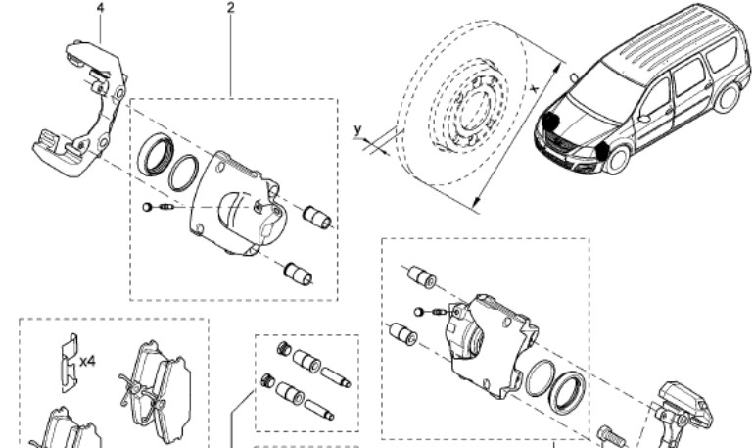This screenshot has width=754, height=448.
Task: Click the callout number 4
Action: point(101,8)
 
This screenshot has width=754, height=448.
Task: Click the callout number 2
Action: point(231,8)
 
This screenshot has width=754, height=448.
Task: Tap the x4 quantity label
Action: point(87,361)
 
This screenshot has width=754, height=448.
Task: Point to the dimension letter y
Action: point(357,130)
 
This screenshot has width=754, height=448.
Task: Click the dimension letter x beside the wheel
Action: point(535,88)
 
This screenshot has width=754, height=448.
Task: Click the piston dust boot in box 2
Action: point(156,155)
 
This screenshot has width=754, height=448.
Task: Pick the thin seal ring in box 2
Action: point(183,173)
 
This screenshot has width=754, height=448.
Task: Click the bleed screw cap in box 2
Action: point(147,207)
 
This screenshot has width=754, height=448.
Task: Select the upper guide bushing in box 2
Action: point(317,217)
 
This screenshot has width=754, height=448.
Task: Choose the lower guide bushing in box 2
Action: point(298,274)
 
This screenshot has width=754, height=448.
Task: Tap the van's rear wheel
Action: point(728,96)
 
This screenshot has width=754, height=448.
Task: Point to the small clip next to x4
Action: point(69,363)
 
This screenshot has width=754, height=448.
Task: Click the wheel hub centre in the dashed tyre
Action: point(474,108)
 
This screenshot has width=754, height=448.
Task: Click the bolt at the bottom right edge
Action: point(612,437)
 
